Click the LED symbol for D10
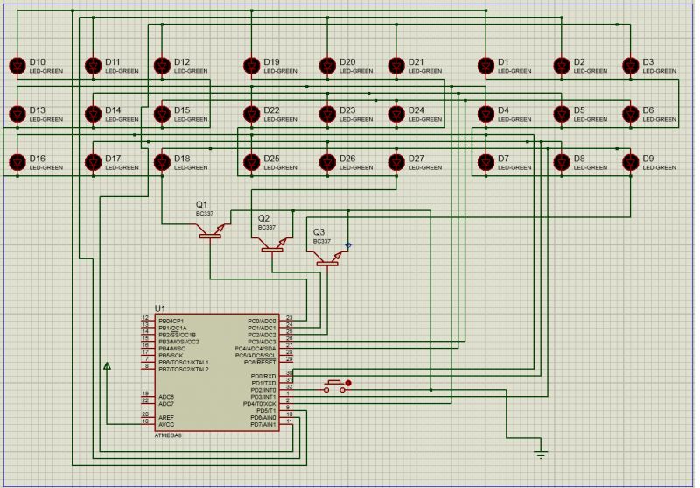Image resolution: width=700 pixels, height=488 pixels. pyautogui.click(x=17, y=66)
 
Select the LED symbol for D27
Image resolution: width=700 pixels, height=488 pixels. pyautogui.click(x=396, y=162)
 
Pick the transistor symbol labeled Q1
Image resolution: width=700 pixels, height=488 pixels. pyautogui.click(x=211, y=231)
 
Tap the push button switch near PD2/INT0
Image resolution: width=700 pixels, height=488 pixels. pyautogui.click(x=335, y=385)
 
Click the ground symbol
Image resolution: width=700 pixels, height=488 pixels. pyautogui.click(x=541, y=453)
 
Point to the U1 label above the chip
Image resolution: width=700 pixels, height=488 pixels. pyautogui.click(x=159, y=308)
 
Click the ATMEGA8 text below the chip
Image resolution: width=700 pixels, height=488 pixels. pyautogui.click(x=168, y=435)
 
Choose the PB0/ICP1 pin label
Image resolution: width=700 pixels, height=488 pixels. pyautogui.click(x=171, y=321)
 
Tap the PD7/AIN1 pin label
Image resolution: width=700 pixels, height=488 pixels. pyautogui.click(x=262, y=425)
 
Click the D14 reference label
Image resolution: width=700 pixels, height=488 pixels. pyautogui.click(x=113, y=110)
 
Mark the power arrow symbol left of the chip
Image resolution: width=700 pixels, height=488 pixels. pyautogui.click(x=107, y=365)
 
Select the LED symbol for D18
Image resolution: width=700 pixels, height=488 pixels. pyautogui.click(x=161, y=162)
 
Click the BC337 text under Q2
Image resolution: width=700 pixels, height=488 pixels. pyautogui.click(x=267, y=227)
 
